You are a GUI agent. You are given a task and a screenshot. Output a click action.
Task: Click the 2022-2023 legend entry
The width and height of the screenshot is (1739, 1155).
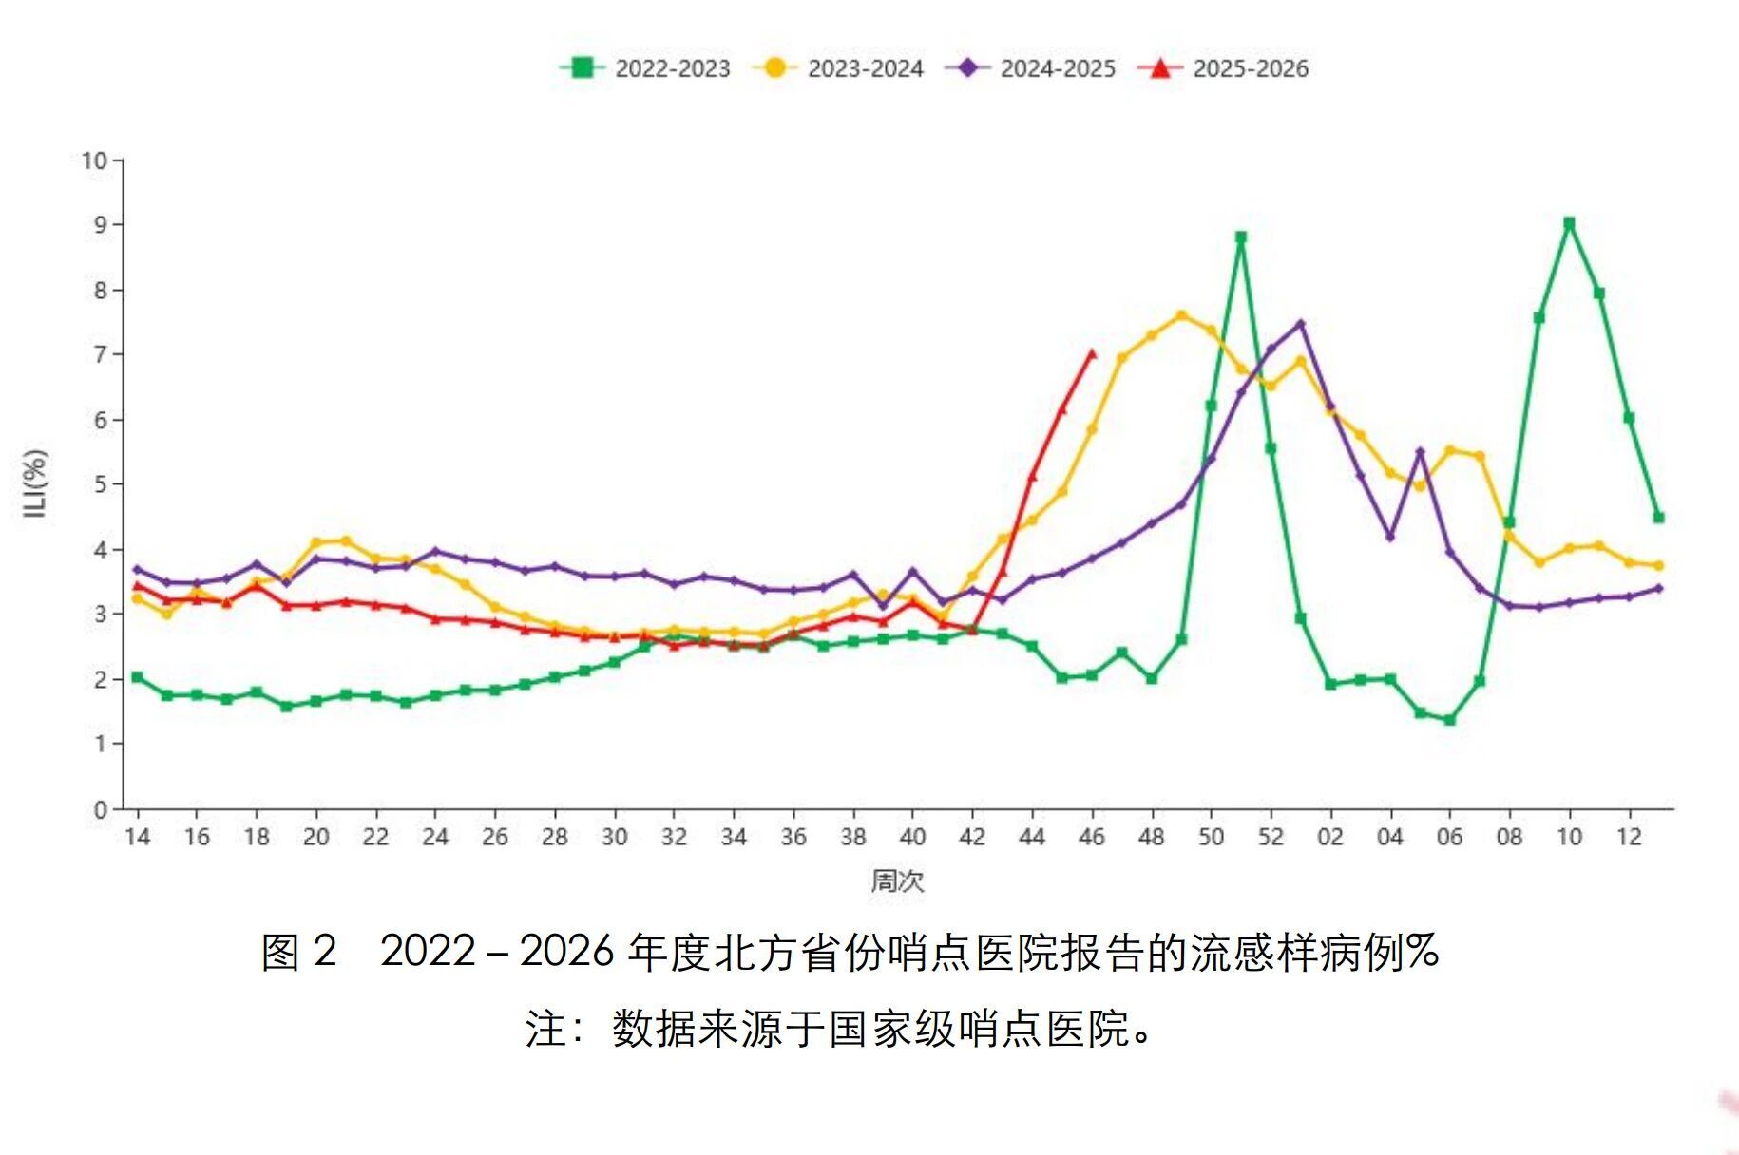click(x=646, y=68)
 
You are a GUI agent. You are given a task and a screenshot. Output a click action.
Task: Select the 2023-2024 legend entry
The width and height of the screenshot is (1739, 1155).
click(x=839, y=68)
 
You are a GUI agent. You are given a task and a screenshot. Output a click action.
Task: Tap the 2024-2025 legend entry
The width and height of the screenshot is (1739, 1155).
click(x=1032, y=68)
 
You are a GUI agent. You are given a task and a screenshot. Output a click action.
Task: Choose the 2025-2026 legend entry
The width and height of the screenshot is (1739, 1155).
click(x=1225, y=68)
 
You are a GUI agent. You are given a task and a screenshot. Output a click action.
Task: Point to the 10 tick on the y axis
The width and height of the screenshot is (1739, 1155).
click(x=95, y=161)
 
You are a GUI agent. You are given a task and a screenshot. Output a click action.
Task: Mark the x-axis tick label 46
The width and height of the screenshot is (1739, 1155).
click(x=1092, y=837)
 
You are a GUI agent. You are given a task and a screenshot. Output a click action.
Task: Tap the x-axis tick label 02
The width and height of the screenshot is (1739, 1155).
click(x=1330, y=837)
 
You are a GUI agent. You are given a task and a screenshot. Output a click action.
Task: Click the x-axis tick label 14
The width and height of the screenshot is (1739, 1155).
click(x=138, y=837)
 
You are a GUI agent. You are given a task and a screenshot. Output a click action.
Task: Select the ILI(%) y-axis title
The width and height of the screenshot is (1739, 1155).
click(x=35, y=483)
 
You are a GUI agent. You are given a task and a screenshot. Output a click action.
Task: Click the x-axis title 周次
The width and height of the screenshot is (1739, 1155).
click(x=897, y=880)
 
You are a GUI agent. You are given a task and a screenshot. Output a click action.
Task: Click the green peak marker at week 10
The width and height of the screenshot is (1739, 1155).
click(x=1569, y=223)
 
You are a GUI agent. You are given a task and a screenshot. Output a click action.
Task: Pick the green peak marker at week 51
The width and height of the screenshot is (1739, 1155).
click(x=1240, y=237)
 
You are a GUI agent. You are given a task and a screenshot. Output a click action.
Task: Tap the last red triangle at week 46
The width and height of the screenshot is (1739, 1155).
click(x=1092, y=354)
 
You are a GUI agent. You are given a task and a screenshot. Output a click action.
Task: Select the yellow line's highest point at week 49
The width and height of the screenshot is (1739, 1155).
click(x=1181, y=315)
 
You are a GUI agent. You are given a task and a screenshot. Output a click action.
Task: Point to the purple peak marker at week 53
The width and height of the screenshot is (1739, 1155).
click(x=1301, y=324)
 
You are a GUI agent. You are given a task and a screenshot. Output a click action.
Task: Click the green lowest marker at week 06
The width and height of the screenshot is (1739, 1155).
click(x=1449, y=720)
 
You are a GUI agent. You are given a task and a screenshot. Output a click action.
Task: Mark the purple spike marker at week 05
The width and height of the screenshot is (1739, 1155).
click(x=1420, y=452)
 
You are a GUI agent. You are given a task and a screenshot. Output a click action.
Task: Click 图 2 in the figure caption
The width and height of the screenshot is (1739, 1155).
click(x=298, y=952)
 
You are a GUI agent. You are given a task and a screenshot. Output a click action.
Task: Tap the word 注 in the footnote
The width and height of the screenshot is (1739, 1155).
click(x=546, y=1029)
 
